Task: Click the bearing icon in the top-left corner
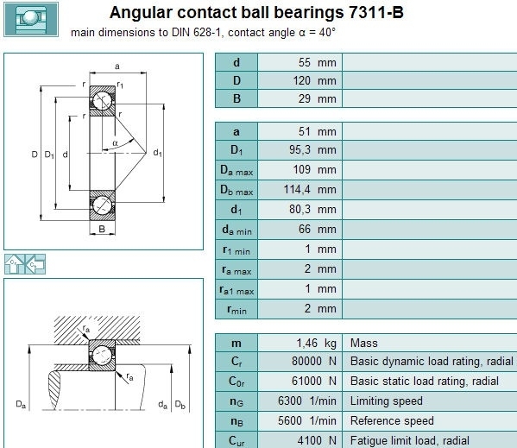tap(31, 19)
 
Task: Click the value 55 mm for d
tap(317, 62)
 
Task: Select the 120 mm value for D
tap(314, 80)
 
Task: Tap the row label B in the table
tap(236, 98)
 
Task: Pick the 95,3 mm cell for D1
tap(312, 149)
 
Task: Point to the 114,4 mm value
tap(310, 190)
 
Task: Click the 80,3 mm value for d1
tap(312, 210)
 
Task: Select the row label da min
tap(236, 230)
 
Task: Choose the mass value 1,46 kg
tap(316, 344)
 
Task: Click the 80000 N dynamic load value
tap(314, 362)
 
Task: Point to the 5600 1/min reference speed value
tap(307, 421)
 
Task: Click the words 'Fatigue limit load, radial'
tap(409, 441)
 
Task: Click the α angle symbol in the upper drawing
tap(115, 143)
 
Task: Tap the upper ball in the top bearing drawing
tap(102, 101)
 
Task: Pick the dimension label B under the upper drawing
tap(102, 229)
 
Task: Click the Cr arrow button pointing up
tap(15, 264)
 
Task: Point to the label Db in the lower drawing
tap(180, 404)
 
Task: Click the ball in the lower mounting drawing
tap(102, 356)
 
